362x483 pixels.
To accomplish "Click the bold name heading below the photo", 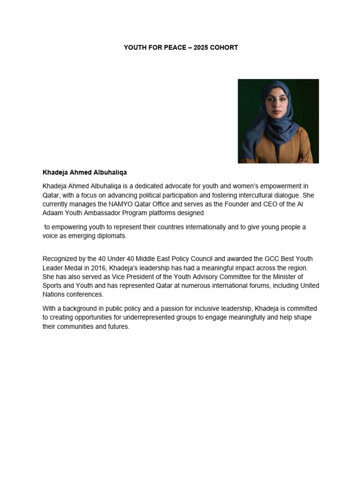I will click(85, 173).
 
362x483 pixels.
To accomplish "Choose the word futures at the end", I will click(118, 326).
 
